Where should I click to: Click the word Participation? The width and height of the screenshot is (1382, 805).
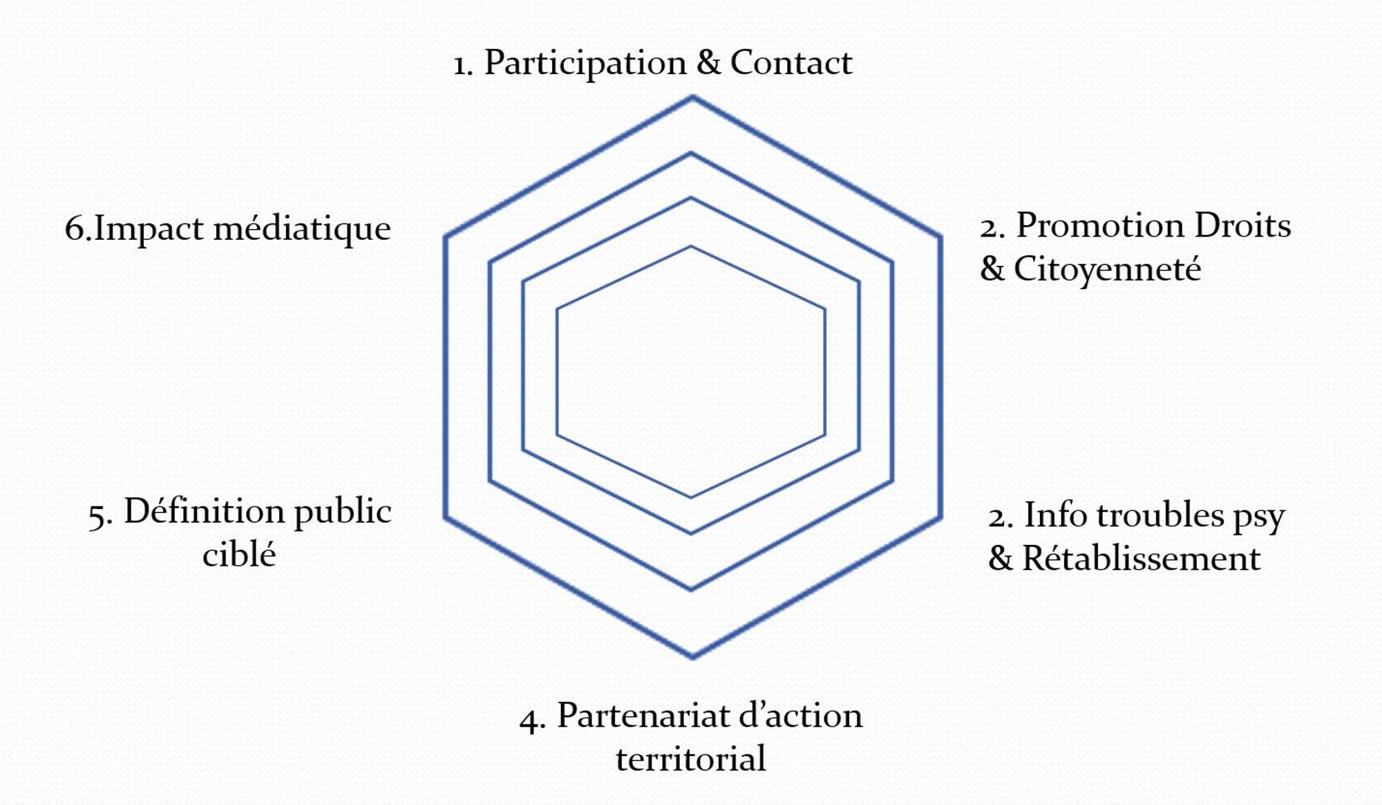[x=585, y=64]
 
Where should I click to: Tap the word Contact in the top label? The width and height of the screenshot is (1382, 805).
[x=791, y=62]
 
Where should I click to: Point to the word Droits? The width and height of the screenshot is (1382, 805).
[x=1242, y=225]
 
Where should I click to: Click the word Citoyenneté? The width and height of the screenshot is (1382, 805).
[x=1107, y=270]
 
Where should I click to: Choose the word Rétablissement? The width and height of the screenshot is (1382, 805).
[x=1142, y=558]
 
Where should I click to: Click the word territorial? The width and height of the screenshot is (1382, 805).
[x=691, y=759]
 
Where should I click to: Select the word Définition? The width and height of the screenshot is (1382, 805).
[x=205, y=512]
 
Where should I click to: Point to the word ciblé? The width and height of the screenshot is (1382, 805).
[x=239, y=555]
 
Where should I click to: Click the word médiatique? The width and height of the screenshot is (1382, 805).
[x=302, y=230]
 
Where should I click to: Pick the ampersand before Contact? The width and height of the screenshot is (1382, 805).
[x=708, y=62]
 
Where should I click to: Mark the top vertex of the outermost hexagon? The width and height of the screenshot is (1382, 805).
[x=692, y=98]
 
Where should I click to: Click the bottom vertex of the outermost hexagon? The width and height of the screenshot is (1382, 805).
[x=692, y=656]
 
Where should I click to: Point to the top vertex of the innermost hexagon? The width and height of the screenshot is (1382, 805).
[x=691, y=246]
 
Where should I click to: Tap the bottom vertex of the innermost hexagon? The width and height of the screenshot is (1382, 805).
[x=691, y=497]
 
